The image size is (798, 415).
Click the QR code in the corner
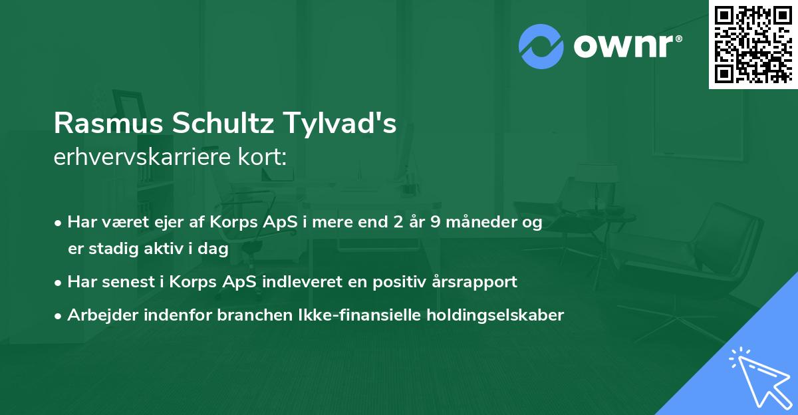tap(753, 44)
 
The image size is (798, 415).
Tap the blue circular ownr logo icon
tap(541, 46)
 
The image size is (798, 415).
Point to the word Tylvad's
tap(340, 124)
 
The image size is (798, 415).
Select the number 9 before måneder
tap(435, 223)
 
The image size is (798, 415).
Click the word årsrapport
tap(473, 282)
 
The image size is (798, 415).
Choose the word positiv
tap(401, 282)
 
